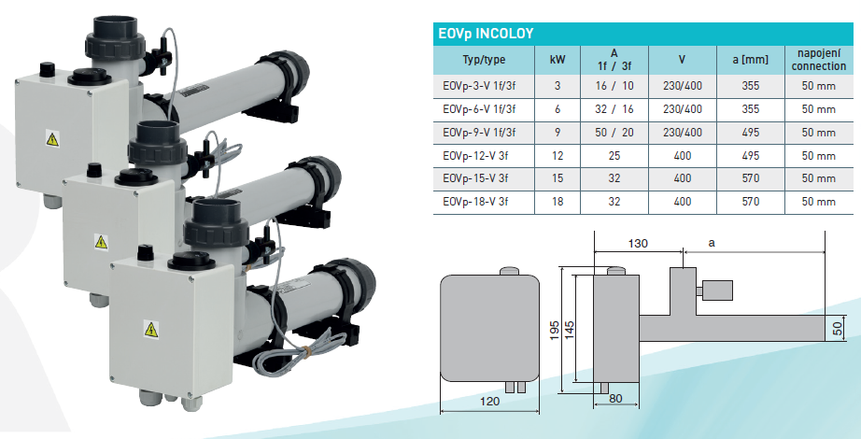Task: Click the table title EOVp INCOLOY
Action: tap(486, 34)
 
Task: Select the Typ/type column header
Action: tap(484, 60)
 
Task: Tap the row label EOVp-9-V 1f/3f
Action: tap(479, 133)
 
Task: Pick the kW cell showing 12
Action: tap(558, 155)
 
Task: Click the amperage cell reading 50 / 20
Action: tap(614, 133)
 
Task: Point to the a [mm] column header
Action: tap(750, 60)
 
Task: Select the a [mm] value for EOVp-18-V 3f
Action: tap(750, 202)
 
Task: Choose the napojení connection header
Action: tap(819, 60)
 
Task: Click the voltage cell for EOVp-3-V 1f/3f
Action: tap(682, 86)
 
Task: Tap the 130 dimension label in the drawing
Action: tap(638, 243)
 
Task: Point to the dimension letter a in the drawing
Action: tap(713, 242)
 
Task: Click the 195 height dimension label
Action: tap(555, 331)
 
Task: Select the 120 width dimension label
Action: tap(489, 401)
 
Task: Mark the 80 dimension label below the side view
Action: tap(615, 398)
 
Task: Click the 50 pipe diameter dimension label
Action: tap(838, 329)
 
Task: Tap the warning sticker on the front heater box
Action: tap(151, 329)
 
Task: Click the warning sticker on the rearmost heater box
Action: tap(52, 138)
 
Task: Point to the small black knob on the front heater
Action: tap(145, 253)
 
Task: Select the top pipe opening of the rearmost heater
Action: tap(115, 23)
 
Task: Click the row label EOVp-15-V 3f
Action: tap(475, 178)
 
